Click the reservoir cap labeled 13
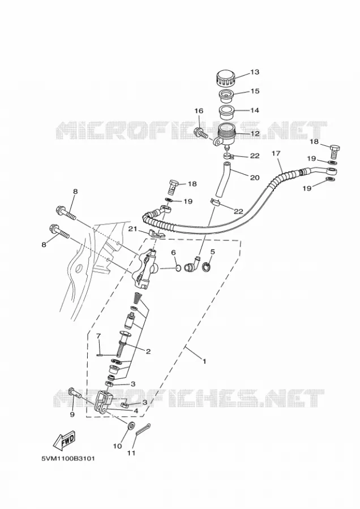coord(226,78)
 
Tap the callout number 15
coord(255,91)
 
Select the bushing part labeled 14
coord(226,113)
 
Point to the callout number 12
coord(255,133)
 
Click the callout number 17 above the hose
coord(276,153)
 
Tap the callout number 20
coord(255,178)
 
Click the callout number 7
coord(99,336)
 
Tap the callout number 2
coord(148,351)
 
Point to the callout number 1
coord(204,361)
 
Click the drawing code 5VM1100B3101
coord(68,459)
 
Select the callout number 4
coord(136,411)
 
